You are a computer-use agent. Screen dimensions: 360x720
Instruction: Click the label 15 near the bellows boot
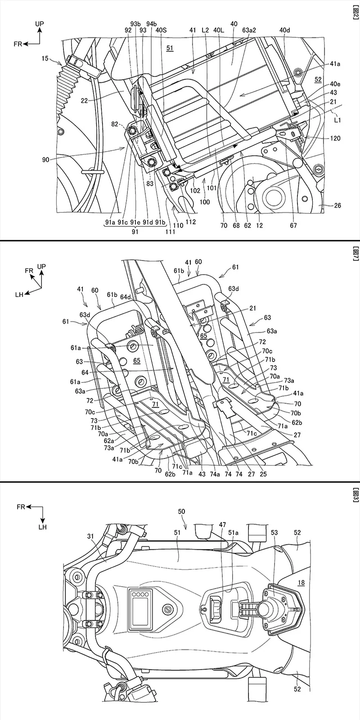coord(45,58)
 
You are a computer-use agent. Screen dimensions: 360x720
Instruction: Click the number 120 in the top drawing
coord(335,139)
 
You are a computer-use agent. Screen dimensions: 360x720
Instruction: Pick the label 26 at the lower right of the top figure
coord(337,205)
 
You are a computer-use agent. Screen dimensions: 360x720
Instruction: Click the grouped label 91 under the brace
coord(135,232)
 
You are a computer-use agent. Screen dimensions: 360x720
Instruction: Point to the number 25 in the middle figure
coord(263,474)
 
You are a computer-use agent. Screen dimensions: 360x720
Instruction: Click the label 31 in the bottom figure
coord(90,536)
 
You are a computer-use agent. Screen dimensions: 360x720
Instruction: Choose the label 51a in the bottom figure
coord(233,533)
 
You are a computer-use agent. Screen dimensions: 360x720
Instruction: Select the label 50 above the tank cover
coord(181,511)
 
